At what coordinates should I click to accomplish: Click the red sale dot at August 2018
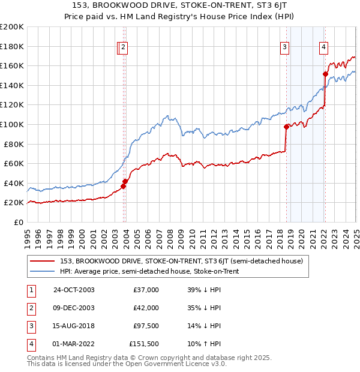[286, 127]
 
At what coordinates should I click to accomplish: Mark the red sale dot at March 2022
[325, 74]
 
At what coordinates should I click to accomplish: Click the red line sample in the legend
[43, 261]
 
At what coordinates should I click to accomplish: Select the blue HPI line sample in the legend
[43, 271]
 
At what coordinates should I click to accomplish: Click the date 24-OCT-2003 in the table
[74, 290]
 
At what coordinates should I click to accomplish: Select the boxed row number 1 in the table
[31, 290]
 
